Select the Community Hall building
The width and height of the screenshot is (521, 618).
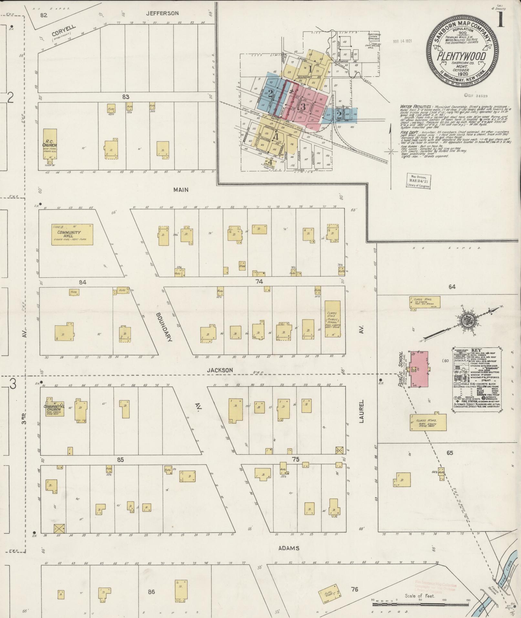(72, 235)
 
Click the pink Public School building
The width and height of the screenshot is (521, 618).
(419, 370)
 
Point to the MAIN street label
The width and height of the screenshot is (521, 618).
(181, 190)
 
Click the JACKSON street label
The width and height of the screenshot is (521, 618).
(220, 370)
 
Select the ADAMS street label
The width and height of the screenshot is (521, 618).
(289, 548)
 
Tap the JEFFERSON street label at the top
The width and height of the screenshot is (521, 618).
(162, 13)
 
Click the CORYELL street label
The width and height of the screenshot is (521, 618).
(63, 31)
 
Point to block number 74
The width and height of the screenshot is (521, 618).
(259, 281)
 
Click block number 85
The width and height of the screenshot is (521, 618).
(120, 459)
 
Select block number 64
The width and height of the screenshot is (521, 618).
(452, 287)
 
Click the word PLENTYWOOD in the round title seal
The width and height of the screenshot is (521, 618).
(462, 56)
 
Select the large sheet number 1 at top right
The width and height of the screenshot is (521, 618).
(501, 19)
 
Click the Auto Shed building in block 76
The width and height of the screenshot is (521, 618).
(329, 593)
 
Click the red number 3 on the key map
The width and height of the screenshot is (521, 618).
(303, 107)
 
